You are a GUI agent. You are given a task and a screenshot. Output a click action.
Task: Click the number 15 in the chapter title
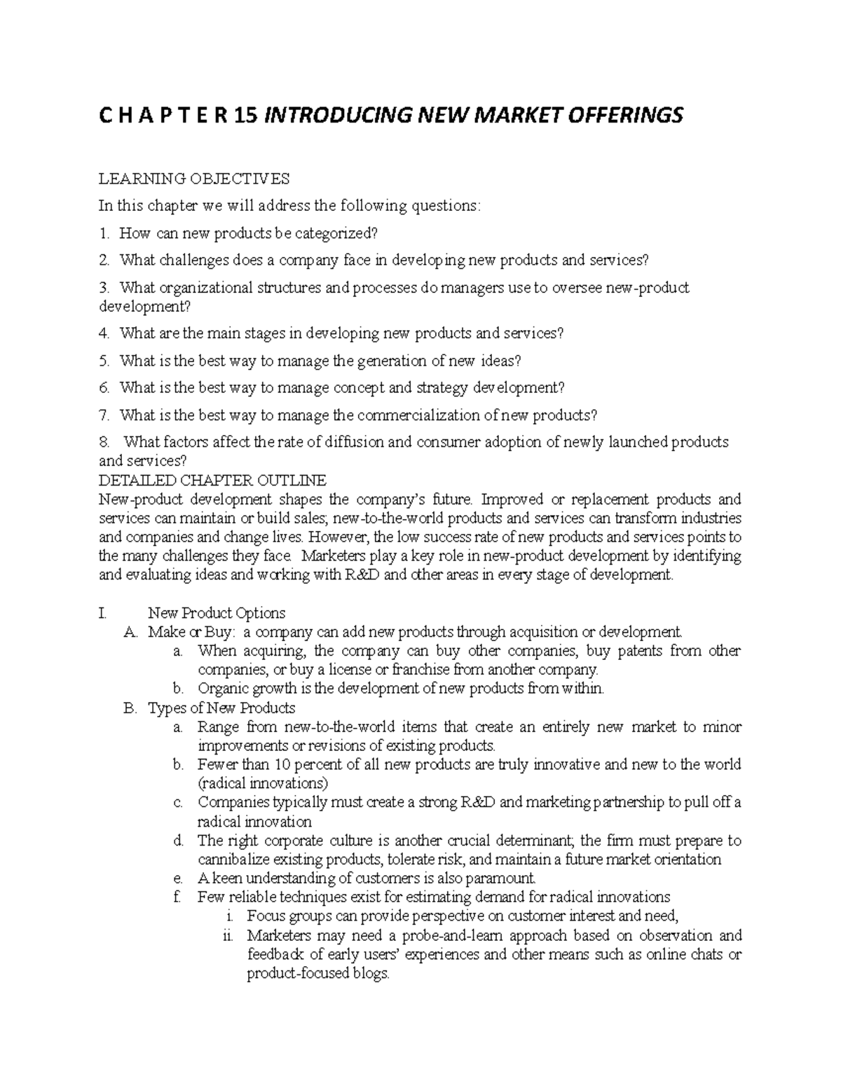tap(245, 115)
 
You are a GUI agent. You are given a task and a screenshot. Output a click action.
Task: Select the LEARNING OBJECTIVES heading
tap(194, 179)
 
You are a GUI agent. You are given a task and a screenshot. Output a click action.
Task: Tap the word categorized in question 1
tap(339, 233)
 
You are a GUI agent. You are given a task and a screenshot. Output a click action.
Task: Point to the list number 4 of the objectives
tap(104, 333)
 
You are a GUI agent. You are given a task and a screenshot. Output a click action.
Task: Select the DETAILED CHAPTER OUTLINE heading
tap(212, 481)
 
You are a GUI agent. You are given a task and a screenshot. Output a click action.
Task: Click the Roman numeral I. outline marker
tap(103, 614)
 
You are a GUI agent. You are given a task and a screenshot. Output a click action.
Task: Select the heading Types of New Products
tap(221, 708)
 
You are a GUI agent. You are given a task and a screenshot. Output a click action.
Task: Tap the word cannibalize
tap(234, 860)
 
